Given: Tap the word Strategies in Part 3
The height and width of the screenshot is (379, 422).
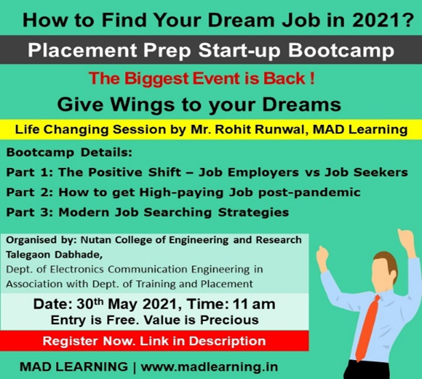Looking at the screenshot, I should [254, 212].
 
